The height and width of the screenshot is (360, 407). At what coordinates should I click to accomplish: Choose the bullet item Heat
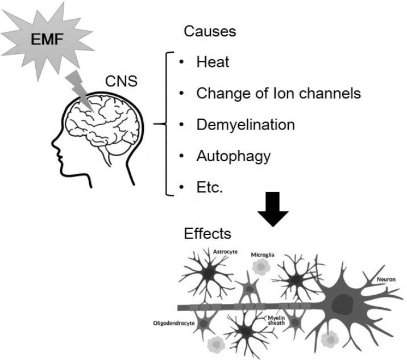click(x=213, y=61)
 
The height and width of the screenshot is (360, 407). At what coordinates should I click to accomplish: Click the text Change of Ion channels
click(x=279, y=93)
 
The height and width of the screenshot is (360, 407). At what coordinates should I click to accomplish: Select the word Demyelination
click(x=246, y=124)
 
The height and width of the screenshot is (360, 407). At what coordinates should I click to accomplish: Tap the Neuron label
click(x=385, y=279)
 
